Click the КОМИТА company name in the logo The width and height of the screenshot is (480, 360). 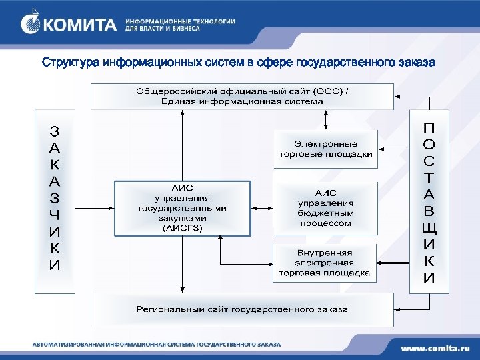(79, 25)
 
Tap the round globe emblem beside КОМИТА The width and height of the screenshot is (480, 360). (31, 24)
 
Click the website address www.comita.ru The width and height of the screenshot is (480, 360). (435, 347)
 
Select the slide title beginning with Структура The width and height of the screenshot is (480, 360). (238, 63)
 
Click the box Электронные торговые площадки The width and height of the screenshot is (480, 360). (325, 149)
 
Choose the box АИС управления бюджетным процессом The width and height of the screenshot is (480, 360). (325, 208)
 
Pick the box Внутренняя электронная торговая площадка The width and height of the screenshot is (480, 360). (325, 263)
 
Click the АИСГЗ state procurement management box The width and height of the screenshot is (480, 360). (182, 207)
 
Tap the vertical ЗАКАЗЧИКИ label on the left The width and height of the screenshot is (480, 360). (55, 197)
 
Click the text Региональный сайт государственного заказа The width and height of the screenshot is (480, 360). (242, 309)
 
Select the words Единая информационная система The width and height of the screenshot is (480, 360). (242, 101)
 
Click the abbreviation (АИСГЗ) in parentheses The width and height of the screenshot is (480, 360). (182, 227)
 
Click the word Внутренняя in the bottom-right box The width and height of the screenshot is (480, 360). (325, 253)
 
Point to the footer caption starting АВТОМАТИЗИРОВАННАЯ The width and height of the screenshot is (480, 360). (157, 345)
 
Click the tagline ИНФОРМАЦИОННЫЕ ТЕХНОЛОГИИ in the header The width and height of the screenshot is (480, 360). (180, 21)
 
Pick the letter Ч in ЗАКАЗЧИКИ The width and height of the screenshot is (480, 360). (55, 215)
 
